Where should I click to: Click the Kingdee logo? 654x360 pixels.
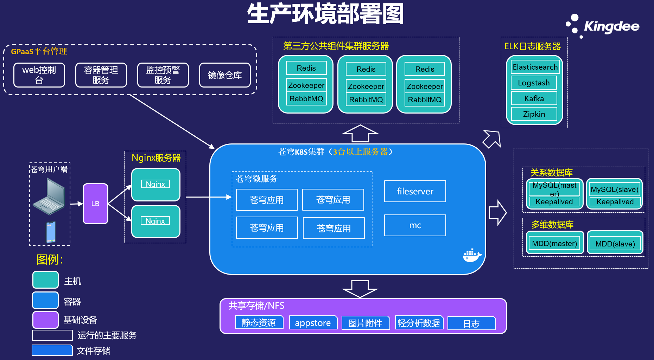click(x=602, y=26)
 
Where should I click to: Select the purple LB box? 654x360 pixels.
click(x=95, y=204)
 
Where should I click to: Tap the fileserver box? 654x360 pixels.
click(x=415, y=191)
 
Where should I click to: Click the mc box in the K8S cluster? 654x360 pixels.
click(x=415, y=225)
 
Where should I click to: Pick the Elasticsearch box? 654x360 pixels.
click(x=535, y=67)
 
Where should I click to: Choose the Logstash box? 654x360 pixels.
click(x=534, y=83)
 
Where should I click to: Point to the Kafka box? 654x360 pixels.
click(x=534, y=98)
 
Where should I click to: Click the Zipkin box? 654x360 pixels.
click(x=534, y=114)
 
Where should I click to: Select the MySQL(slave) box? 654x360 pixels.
click(x=614, y=189)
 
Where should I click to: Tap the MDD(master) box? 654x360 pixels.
click(x=554, y=243)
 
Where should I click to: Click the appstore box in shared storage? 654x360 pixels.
click(x=313, y=323)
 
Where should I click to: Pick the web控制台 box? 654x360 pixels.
click(x=39, y=75)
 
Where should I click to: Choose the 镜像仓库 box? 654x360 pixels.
click(x=225, y=75)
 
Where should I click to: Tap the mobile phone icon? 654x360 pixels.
click(x=51, y=232)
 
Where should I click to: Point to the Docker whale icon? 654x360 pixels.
click(x=472, y=256)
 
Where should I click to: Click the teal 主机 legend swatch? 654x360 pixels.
click(x=45, y=280)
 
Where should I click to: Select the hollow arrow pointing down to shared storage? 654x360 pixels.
click(x=360, y=289)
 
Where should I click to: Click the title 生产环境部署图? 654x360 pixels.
click(x=325, y=14)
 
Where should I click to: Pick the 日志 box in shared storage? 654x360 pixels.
click(x=471, y=323)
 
